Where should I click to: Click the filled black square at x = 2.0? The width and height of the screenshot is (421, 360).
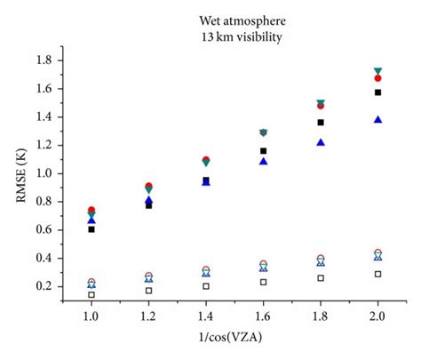click(378, 92)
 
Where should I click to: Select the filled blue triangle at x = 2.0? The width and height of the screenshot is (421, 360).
click(378, 119)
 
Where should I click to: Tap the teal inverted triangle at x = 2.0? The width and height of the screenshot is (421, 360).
click(378, 71)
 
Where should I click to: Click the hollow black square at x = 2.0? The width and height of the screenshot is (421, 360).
click(378, 274)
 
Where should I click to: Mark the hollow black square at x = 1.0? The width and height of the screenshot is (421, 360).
click(91, 294)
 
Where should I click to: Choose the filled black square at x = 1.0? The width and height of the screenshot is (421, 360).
click(91, 229)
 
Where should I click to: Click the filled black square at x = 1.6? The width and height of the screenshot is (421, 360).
click(263, 151)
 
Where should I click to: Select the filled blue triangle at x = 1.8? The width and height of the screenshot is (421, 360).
click(321, 142)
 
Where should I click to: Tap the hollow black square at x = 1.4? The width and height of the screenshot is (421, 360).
click(206, 286)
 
